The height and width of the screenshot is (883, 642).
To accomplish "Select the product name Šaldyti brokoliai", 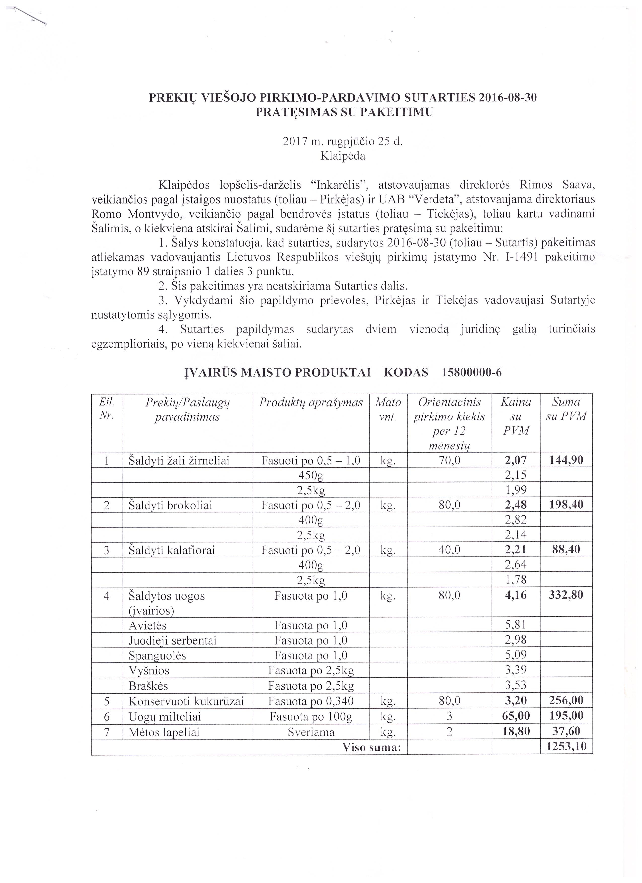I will tap(170, 505).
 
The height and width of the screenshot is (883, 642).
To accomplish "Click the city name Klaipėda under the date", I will tap(343, 156).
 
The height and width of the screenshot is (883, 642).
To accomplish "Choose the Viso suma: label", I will tap(371, 747).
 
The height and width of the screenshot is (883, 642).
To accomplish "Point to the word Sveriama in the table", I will tap(311, 732).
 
